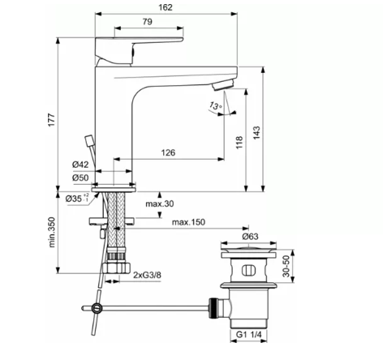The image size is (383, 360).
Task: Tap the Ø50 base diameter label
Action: point(80,178)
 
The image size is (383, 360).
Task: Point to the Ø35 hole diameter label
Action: point(75,197)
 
